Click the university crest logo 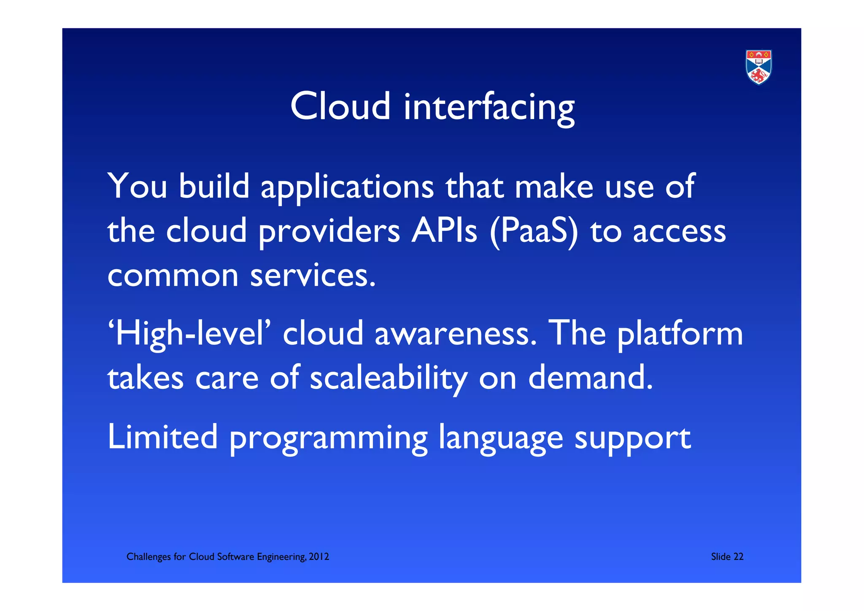click(x=759, y=67)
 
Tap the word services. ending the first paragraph click(x=313, y=275)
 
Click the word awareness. click(x=456, y=334)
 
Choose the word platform click(x=680, y=334)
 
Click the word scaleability click(x=389, y=378)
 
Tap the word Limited click(x=163, y=437)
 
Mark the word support click(x=632, y=439)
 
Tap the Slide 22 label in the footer click(x=727, y=557)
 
